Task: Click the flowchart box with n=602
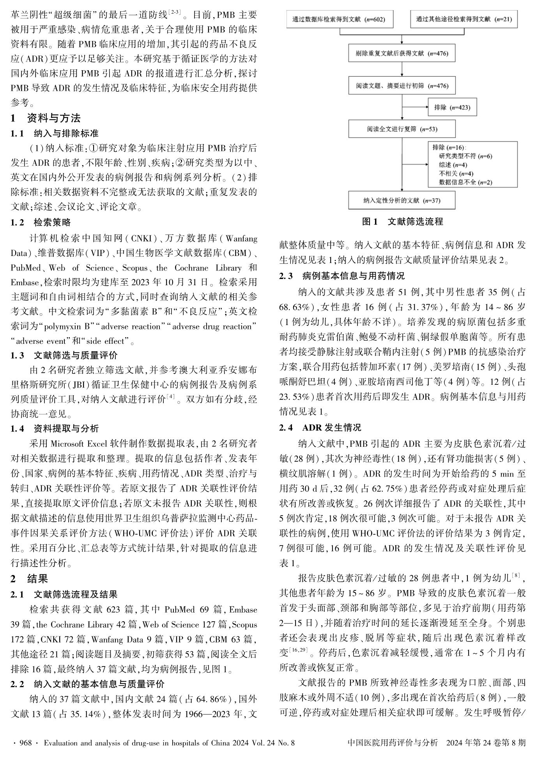click(339, 19)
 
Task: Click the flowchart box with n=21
click(464, 19)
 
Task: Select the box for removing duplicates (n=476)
click(402, 53)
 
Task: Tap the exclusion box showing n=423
click(452, 107)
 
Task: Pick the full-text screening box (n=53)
click(402, 129)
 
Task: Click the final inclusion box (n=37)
click(402, 201)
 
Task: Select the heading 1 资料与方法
click(46, 118)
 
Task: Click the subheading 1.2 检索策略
click(41, 222)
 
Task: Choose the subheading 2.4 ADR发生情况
click(320, 428)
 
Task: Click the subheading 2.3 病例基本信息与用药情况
click(342, 276)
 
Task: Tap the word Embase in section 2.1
click(243, 610)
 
